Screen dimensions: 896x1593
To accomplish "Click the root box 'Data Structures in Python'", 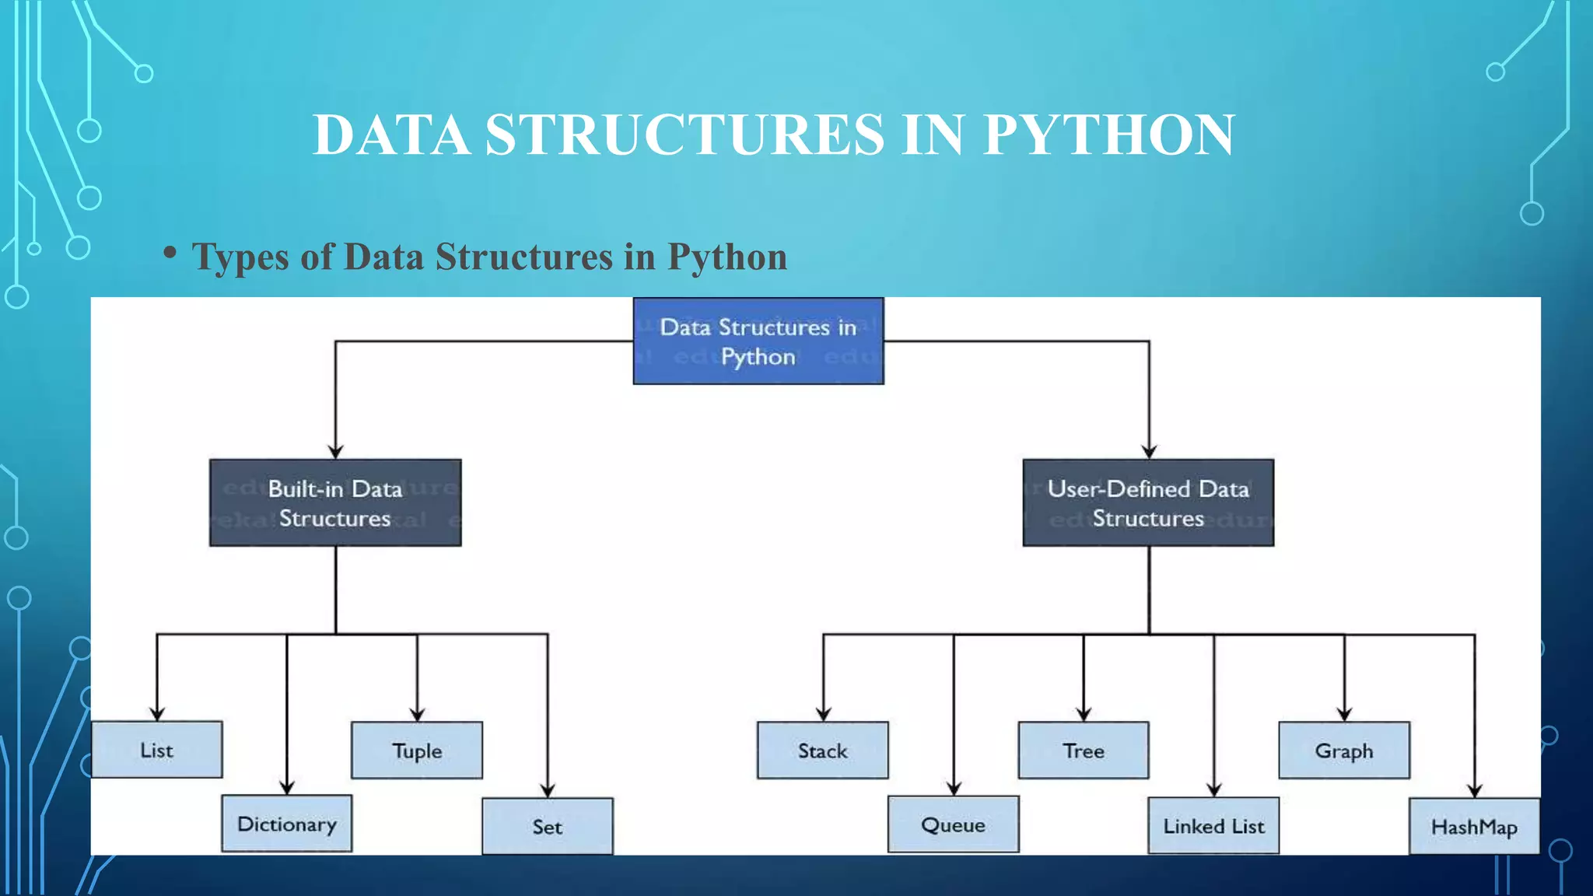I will point(758,341).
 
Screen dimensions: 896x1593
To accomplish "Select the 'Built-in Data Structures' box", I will point(335,503).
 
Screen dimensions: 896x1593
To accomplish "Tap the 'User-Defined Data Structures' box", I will point(1148,503).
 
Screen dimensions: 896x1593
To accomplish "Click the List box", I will point(157,750).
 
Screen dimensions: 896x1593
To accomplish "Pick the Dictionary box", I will point(287,824).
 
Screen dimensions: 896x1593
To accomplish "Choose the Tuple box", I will point(417,751).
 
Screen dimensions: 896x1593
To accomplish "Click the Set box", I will point(548,827).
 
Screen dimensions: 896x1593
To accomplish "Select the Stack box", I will point(823,751).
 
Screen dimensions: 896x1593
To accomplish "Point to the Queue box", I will point(954,824).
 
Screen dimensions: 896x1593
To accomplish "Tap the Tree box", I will point(1084,751).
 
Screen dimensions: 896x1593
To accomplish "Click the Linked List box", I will point(1213,826).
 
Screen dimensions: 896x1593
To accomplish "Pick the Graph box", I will point(1344,751).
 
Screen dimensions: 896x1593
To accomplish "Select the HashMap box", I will point(1474,827).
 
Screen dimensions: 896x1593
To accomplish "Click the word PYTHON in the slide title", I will point(1108,135).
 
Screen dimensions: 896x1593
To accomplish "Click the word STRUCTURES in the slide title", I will point(685,135).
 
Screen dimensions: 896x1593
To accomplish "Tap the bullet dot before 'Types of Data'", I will point(170,252).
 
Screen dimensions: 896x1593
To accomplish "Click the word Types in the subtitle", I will point(240,257).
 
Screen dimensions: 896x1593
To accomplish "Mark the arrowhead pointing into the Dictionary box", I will point(287,788).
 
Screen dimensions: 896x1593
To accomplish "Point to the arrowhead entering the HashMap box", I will point(1475,791).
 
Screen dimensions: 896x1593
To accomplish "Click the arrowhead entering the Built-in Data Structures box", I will point(335,452).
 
